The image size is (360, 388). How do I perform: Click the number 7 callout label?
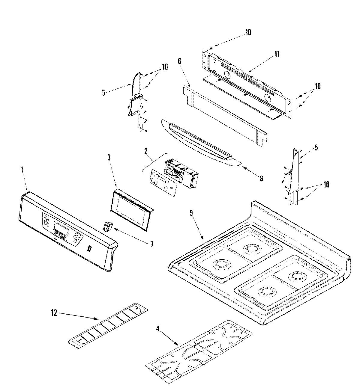point(152,244)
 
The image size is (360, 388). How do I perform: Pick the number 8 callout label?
point(261,179)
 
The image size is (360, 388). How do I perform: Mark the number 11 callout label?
point(277,54)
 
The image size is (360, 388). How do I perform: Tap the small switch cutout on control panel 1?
point(89,248)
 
